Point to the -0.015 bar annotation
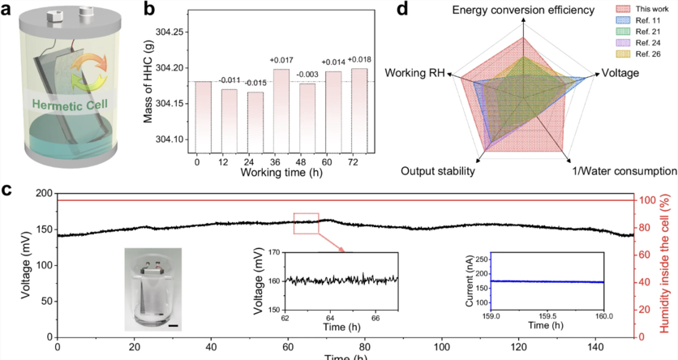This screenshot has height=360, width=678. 255,84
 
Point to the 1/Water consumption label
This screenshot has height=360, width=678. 620,172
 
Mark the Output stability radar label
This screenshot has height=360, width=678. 438,172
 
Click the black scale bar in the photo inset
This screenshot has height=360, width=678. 174,325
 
